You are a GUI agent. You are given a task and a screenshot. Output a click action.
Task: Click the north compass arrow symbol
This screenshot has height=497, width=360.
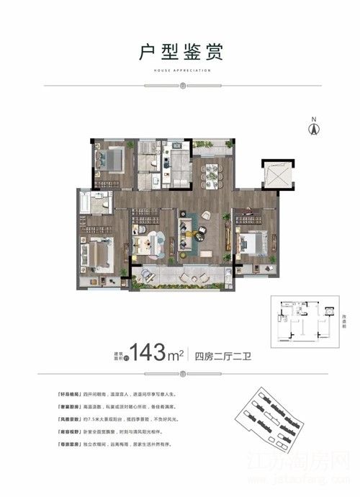(x=313, y=128)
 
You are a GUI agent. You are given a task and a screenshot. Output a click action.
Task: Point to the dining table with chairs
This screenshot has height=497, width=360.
(x=212, y=175)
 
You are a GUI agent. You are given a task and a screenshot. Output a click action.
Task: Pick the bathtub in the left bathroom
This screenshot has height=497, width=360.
(x=91, y=203)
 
